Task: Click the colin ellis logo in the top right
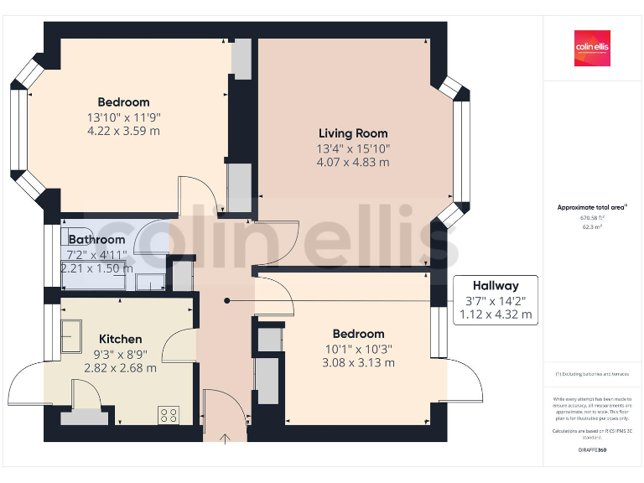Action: point(592,48)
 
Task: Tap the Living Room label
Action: point(353,133)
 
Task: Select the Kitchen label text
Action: point(121,339)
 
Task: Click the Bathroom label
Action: point(96,240)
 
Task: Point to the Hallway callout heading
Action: point(495,286)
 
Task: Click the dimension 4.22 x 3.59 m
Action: point(123,131)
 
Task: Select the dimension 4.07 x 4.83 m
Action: point(353,162)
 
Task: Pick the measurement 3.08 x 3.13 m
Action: point(358,362)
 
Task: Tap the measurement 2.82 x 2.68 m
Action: point(121,367)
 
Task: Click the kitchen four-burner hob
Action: point(169,414)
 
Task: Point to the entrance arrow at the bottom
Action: point(226,438)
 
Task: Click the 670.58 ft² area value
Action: point(592,217)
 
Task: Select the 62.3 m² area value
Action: point(592,226)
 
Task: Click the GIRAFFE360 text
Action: point(592,450)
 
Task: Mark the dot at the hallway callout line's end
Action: point(226,300)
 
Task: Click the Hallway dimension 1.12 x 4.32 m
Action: point(495,314)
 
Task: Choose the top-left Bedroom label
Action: point(123,102)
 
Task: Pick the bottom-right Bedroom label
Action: point(358,334)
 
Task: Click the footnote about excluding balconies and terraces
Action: point(592,374)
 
